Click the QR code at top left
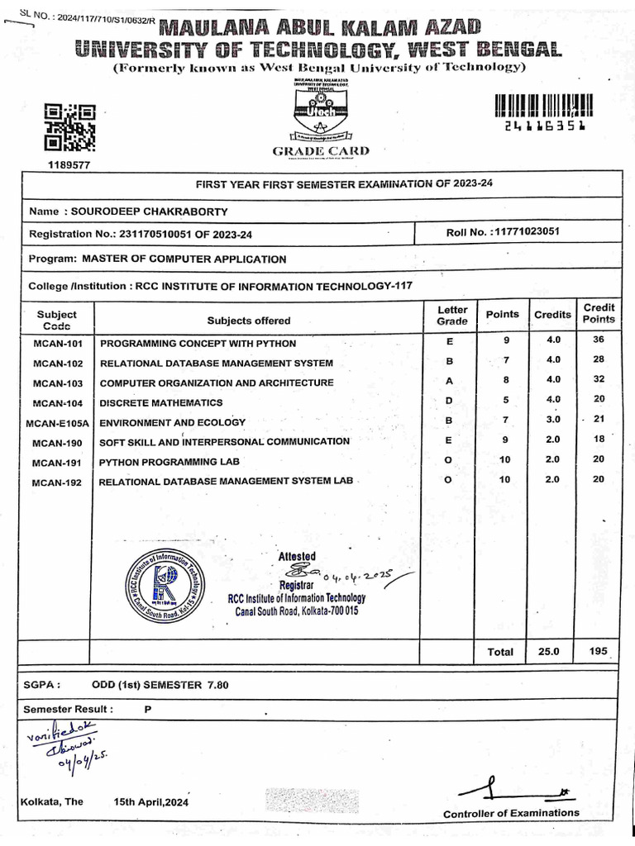tap(69, 128)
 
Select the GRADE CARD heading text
tap(321, 151)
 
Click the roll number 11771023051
tap(525, 231)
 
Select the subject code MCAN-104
tap(58, 403)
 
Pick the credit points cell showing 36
tap(599, 340)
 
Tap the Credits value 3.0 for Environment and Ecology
tap(553, 420)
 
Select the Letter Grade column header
tap(452, 315)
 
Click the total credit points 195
tap(599, 651)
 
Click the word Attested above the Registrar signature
tap(297, 556)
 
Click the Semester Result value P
tap(136, 709)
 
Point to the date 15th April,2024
tap(151, 802)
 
